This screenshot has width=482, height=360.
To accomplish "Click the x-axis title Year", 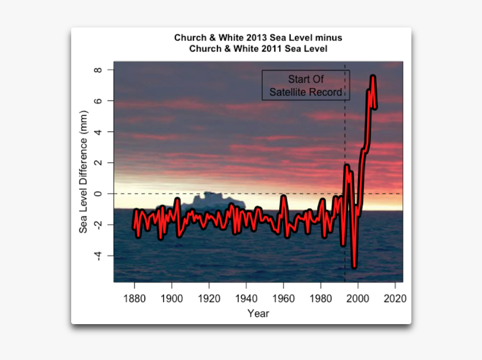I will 258,313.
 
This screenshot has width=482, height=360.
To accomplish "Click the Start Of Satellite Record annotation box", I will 305,85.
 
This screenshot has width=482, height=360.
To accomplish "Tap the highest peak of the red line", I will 373,76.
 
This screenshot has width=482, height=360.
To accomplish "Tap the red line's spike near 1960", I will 284,197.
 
